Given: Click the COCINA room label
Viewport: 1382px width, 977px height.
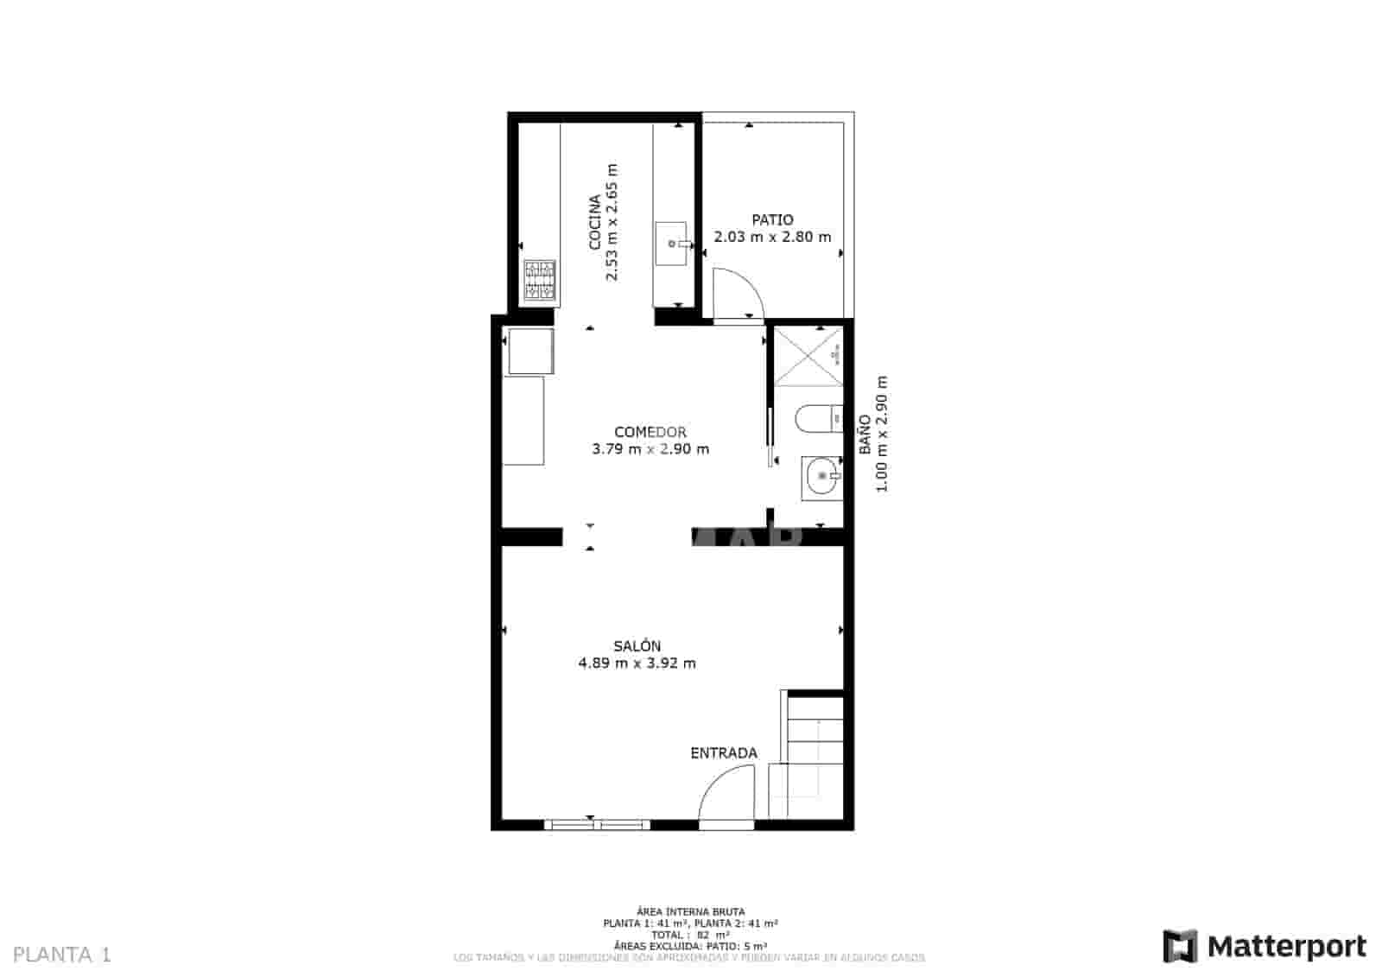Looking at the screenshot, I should [x=595, y=222].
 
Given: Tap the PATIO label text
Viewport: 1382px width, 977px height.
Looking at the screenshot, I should [x=772, y=219].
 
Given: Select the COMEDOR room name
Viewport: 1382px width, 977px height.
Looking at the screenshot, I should [x=650, y=432].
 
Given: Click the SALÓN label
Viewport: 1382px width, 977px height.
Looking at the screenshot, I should [x=637, y=646].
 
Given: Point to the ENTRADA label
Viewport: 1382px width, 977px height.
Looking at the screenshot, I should [x=724, y=753].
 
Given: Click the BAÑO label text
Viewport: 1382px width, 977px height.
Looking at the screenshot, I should [x=865, y=435].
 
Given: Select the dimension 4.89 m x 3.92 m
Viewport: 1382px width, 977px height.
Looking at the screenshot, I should [x=637, y=663].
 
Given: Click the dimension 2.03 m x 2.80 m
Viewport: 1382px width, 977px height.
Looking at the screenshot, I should [x=772, y=237].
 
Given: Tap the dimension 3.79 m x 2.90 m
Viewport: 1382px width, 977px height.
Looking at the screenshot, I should [x=650, y=449].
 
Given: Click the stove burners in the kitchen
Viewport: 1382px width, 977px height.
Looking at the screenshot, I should [x=540, y=281].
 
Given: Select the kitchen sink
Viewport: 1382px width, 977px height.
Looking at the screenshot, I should [x=671, y=244].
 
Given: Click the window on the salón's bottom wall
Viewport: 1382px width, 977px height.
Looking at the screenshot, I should [x=597, y=825].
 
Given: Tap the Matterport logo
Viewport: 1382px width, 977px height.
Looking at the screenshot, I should [x=1265, y=947].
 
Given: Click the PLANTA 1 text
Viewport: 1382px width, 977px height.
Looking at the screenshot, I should [x=63, y=955].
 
